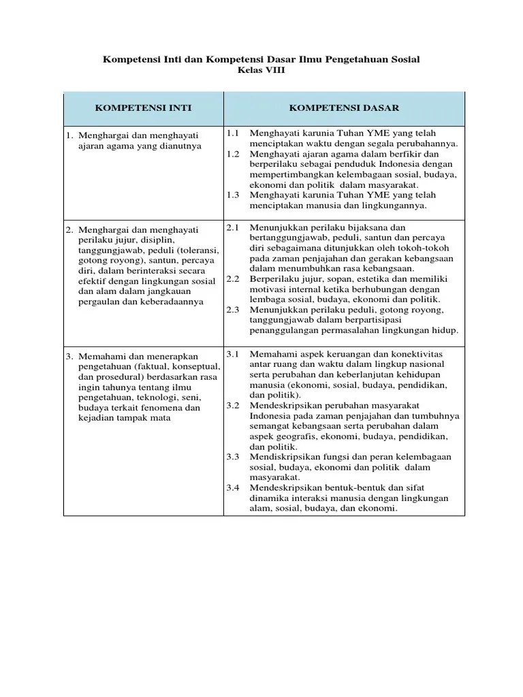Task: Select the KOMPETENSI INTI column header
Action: coord(143,108)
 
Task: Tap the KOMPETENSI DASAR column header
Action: coord(344,108)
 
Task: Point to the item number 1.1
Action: coord(233,133)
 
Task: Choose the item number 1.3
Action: coord(233,195)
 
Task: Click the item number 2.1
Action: coord(233,227)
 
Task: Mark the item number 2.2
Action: coord(233,279)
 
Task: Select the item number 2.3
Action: coord(233,310)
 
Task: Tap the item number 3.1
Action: coord(233,355)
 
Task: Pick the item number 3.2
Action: coord(233,406)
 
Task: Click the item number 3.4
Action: coord(233,488)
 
